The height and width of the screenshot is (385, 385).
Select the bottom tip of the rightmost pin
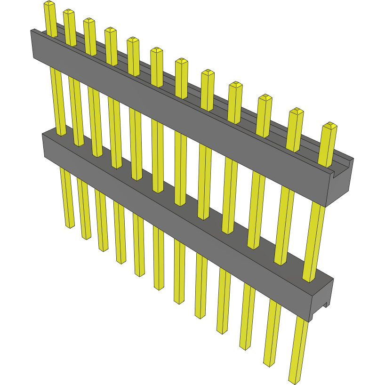pyautogui.click(x=295, y=381)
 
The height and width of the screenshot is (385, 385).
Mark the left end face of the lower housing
pyautogui.click(x=44, y=145)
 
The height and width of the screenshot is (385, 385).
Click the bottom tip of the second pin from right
pyautogui.click(x=269, y=364)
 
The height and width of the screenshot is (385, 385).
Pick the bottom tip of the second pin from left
pyautogui.click(x=86, y=237)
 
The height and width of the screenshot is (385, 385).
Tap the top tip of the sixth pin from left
pyautogui.click(x=156, y=50)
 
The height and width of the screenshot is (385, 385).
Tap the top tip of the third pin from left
pyautogui.click(x=89, y=21)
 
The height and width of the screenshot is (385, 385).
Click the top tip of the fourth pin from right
pyautogui.click(x=236, y=85)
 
